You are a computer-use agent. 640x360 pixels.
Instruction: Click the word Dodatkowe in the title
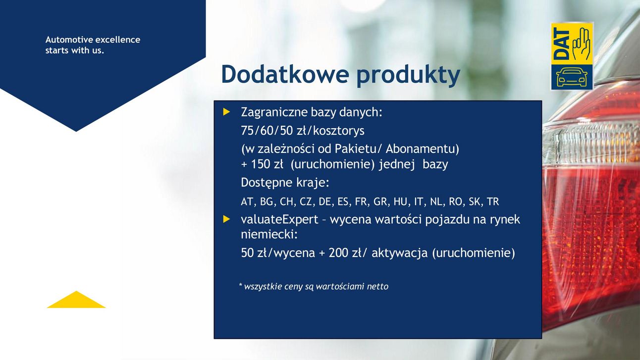pos(285,74)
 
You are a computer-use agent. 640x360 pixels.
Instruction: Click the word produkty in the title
pos(408,76)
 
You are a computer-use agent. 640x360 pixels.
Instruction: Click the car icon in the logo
pos(572,77)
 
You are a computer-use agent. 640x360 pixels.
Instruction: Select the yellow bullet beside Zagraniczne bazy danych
pos(226,112)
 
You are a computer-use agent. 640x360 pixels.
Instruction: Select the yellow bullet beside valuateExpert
pos(226,219)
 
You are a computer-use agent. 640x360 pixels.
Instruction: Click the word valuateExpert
pos(279,219)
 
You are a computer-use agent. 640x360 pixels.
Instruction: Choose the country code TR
pos(493,202)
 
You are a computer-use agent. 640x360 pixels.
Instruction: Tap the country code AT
pos(247,202)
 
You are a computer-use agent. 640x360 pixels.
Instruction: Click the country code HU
pos(400,202)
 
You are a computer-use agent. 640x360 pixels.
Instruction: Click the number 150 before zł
pos(260,164)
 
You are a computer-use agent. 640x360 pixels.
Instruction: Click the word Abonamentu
pos(422,149)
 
